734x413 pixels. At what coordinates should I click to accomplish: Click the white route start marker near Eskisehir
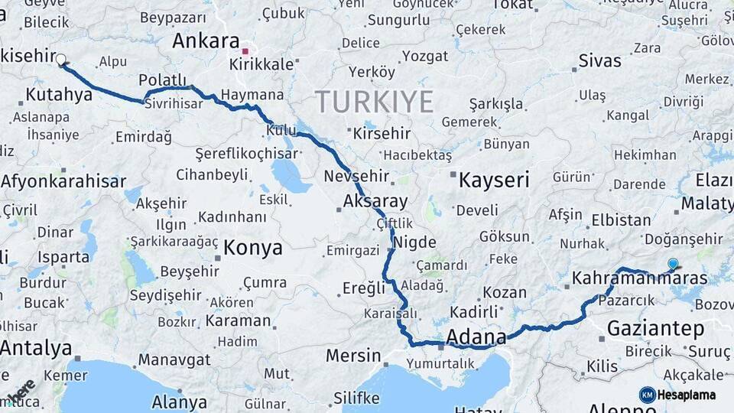pyautogui.click(x=61, y=59)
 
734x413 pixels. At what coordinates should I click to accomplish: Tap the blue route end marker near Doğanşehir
pyautogui.click(x=672, y=264)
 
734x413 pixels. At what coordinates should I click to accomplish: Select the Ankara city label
pyautogui.click(x=206, y=41)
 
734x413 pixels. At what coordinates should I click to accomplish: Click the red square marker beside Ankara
pyautogui.click(x=245, y=51)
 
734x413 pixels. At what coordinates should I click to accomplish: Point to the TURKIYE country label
pyautogui.click(x=375, y=102)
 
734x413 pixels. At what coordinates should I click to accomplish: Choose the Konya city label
pyautogui.click(x=253, y=248)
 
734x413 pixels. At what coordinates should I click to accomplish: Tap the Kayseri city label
pyautogui.click(x=494, y=180)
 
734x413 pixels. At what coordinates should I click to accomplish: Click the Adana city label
pyautogui.click(x=476, y=337)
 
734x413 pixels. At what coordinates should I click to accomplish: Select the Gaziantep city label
pyautogui.click(x=655, y=329)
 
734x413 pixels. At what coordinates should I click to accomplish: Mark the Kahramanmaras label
pyautogui.click(x=640, y=278)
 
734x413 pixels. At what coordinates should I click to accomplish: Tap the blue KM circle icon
pyautogui.click(x=648, y=395)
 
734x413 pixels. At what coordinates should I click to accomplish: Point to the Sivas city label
pyautogui.click(x=600, y=60)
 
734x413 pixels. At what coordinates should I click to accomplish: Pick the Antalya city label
pyautogui.click(x=36, y=349)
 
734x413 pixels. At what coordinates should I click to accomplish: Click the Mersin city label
pyautogui.click(x=353, y=356)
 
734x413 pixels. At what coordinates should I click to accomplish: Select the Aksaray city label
pyautogui.click(x=376, y=202)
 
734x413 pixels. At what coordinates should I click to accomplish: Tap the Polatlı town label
pyautogui.click(x=163, y=80)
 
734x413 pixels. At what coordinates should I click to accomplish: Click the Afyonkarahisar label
pyautogui.click(x=63, y=182)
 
